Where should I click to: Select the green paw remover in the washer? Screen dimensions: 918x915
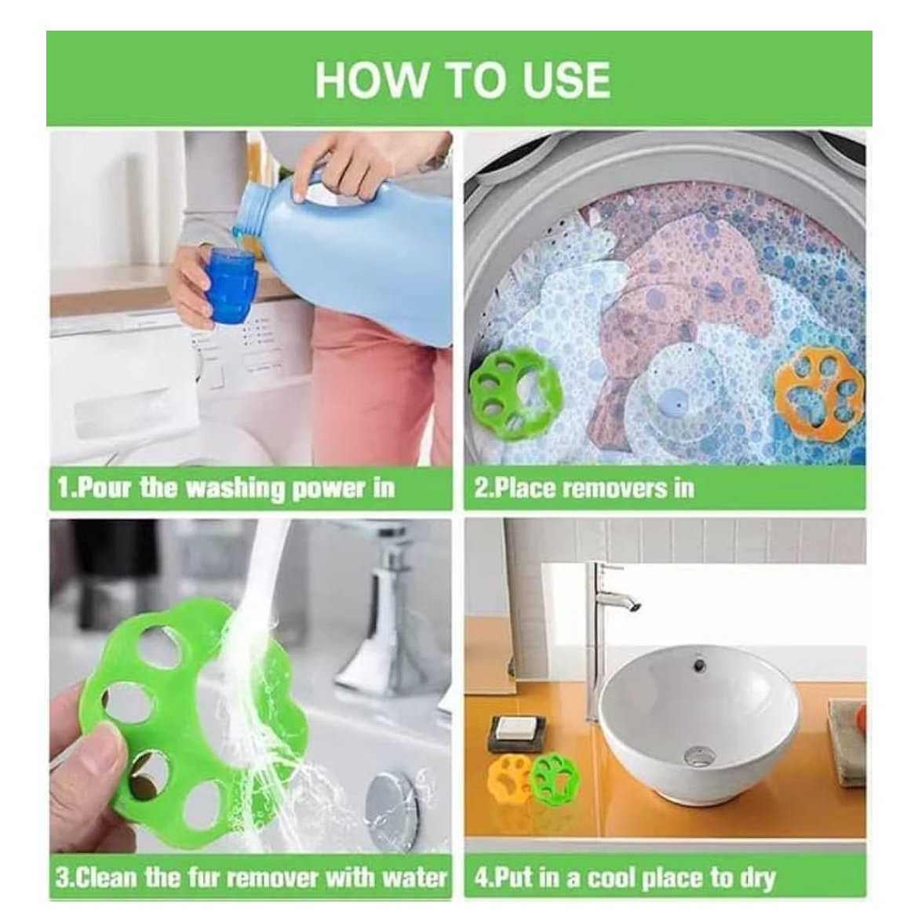[515, 389]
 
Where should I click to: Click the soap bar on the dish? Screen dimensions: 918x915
[513, 729]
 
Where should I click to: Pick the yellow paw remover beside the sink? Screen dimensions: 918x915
[510, 776]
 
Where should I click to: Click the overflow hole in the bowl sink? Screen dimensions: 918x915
[698, 665]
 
